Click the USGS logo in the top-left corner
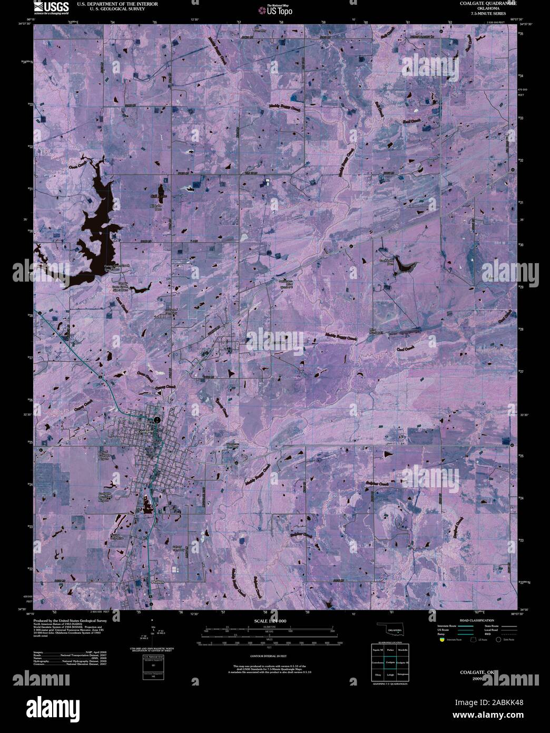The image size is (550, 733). [51, 7]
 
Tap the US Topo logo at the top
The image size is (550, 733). [275, 9]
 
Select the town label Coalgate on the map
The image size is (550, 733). [145, 431]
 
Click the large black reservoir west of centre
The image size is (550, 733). [97, 227]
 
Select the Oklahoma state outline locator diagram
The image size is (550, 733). [390, 630]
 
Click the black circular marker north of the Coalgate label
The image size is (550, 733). [157, 420]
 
